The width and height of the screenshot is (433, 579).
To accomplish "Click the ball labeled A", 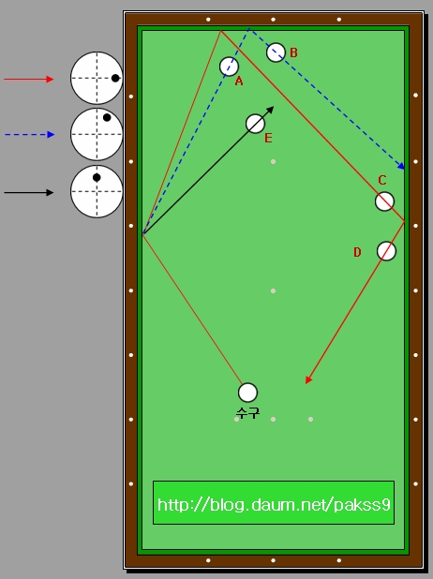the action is point(229,67).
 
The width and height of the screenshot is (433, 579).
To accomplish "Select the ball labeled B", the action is point(276,52).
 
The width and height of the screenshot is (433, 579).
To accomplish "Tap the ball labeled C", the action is point(384,201).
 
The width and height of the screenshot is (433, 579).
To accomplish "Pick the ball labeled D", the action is point(386,251).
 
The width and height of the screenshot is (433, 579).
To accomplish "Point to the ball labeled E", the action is point(255,124).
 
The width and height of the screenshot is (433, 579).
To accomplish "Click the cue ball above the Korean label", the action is point(247,393).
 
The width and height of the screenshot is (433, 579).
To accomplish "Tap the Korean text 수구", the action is point(247,412).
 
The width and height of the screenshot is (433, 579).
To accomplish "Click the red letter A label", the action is point(239,81).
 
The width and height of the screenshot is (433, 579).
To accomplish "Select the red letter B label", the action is point(293,52).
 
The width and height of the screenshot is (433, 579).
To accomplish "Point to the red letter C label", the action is point(382,180).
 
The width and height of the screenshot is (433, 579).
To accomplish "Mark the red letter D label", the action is point(357,252).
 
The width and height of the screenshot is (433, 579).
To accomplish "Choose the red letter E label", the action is point(268,138).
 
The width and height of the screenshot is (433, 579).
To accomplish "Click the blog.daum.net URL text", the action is point(274,504).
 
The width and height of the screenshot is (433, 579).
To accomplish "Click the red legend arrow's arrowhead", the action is point(50,79).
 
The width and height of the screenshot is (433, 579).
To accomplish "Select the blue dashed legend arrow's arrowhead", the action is point(51,134).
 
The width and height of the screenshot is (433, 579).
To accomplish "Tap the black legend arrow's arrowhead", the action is point(50,192).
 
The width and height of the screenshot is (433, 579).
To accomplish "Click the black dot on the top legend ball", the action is point(115,78).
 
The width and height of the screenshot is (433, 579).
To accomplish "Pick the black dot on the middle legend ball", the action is point(107,117).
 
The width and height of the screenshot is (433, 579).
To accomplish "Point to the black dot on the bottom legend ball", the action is point(97,178).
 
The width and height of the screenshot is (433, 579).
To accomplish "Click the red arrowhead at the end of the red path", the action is point(309,380).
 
